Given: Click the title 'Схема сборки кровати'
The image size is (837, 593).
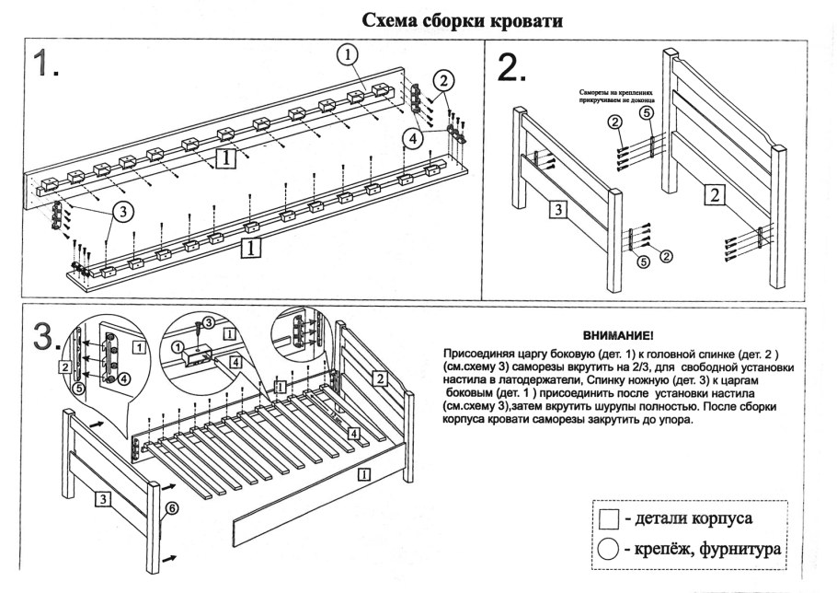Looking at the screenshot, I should tap(462, 19).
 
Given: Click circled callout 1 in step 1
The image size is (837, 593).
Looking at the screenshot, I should tap(347, 56).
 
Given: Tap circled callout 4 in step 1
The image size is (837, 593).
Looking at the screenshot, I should tap(413, 138).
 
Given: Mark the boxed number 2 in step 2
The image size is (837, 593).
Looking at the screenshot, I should tap(715, 193).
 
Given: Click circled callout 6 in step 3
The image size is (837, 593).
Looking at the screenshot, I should tap(173, 507).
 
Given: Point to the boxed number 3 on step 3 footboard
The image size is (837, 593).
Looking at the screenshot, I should tap(104, 499).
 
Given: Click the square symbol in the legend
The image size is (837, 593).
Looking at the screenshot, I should tap(608, 519).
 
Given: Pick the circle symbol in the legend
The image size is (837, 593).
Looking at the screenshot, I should tap(608, 550).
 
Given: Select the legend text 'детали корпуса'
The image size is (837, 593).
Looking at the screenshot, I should tap(695, 519).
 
